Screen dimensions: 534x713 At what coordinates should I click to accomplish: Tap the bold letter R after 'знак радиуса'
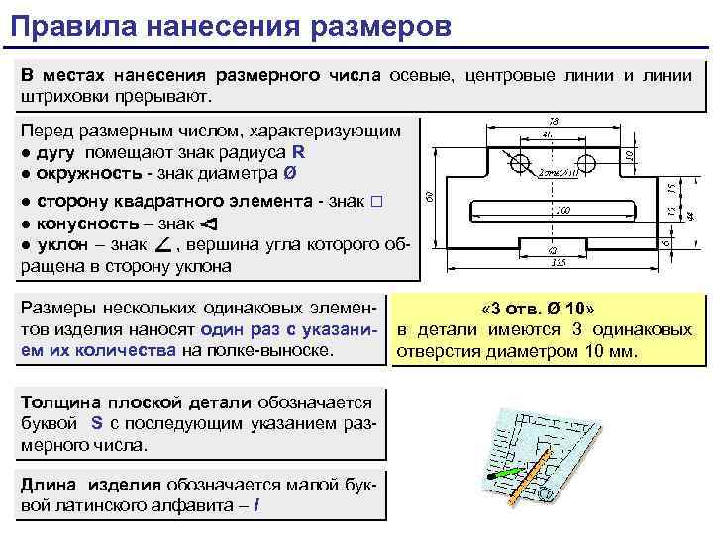coord(299,152)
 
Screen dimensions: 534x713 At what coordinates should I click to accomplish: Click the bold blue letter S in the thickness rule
coord(97,422)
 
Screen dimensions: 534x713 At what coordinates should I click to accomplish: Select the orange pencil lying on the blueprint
coord(536,476)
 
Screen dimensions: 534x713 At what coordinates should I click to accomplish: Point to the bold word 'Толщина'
coord(56,401)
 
